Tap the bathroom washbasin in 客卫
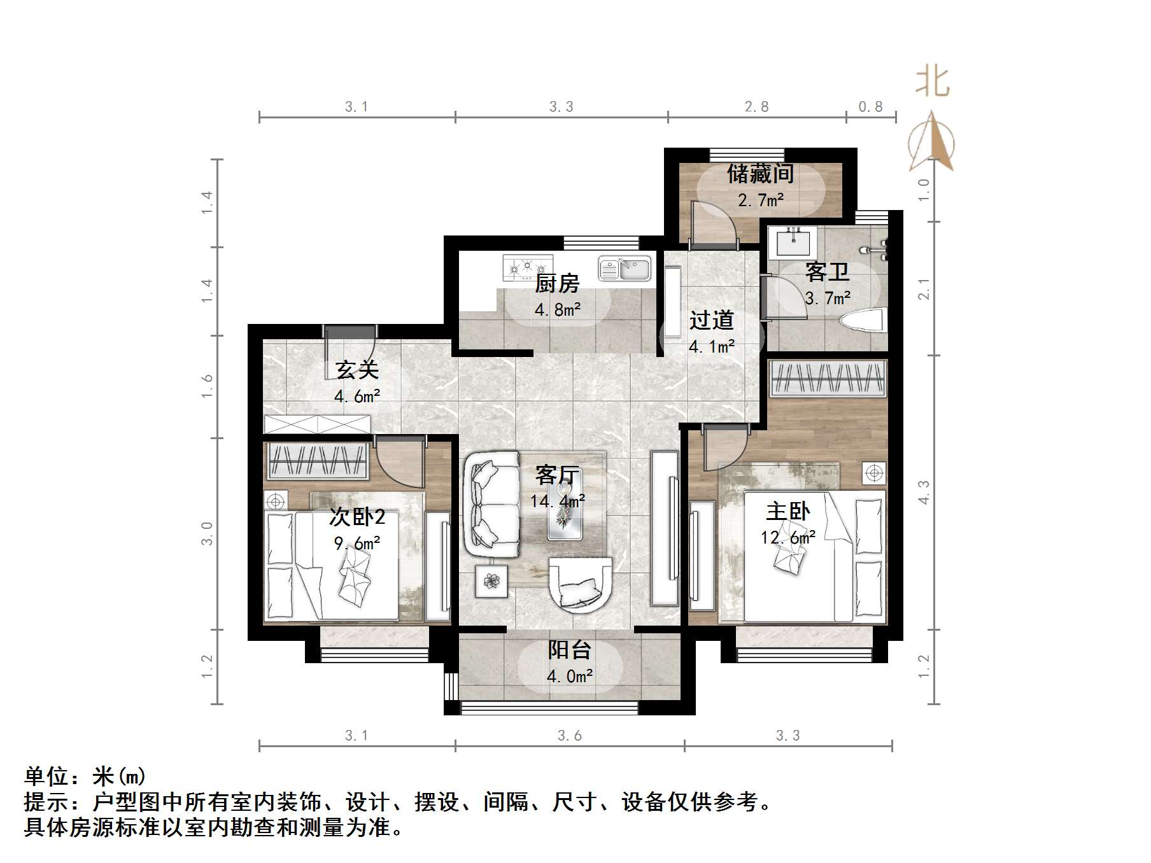click(x=793, y=242)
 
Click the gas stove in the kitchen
click(x=528, y=269)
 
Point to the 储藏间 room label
click(x=760, y=174)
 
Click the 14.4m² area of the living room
click(x=558, y=502)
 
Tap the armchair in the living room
click(x=581, y=584)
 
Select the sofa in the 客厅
click(x=491, y=503)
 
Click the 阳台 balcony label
click(x=570, y=650)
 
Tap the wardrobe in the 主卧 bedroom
click(x=828, y=379)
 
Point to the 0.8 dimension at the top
click(x=870, y=107)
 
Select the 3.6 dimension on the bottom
click(x=569, y=736)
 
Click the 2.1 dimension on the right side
click(x=924, y=289)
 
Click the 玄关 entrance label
click(x=357, y=370)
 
